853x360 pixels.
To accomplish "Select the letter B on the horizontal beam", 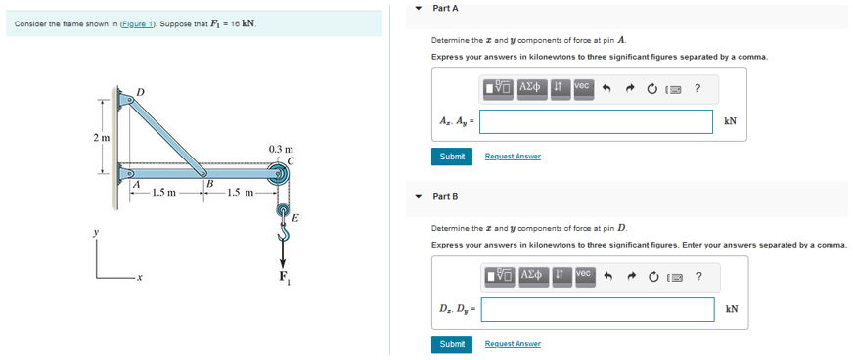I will tap(208, 184).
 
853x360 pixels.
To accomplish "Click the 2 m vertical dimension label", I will tap(100, 138).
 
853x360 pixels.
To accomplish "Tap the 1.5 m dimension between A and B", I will tap(164, 192).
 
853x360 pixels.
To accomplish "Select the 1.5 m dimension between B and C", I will tap(240, 192).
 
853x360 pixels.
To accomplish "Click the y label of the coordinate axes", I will tap(96, 234).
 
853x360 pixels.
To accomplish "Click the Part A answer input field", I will tap(596, 121).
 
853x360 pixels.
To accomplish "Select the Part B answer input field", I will tap(597, 309).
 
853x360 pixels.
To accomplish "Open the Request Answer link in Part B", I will tap(513, 344).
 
